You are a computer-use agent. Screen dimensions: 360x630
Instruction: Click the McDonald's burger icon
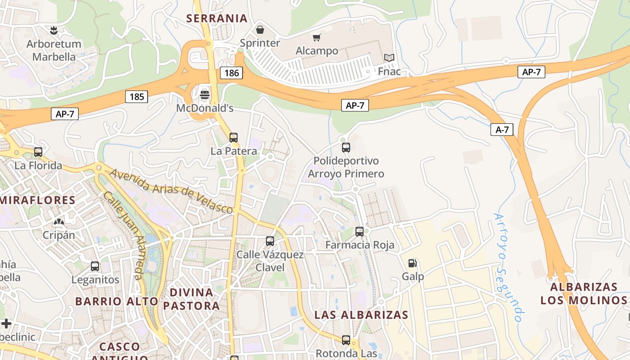[x=205, y=94]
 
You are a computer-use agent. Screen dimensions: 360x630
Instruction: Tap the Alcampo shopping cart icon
[x=317, y=37]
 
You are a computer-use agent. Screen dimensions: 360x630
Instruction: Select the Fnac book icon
[x=389, y=58]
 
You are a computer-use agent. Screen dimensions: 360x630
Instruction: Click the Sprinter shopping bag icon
[x=260, y=30]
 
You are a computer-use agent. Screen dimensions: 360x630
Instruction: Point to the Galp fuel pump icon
[x=413, y=263]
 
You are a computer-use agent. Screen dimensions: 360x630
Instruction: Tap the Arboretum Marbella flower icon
[x=54, y=31]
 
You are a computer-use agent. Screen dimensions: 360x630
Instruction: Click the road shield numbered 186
[x=231, y=73]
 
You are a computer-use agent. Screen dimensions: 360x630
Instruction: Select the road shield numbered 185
[x=136, y=96]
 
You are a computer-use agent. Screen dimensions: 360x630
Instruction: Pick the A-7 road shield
[x=502, y=130]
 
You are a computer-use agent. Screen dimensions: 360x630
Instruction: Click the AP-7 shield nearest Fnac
[x=531, y=72]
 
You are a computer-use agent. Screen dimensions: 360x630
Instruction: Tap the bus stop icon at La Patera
[x=234, y=138]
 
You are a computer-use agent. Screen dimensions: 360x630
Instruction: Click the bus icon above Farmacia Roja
[x=360, y=232]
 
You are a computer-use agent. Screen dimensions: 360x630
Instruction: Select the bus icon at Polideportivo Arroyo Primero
[x=346, y=147]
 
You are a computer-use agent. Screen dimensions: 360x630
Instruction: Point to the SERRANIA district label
[x=217, y=18]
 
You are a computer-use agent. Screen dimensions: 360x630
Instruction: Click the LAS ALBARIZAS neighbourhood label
[x=361, y=315]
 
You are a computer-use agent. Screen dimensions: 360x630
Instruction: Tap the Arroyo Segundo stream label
[x=508, y=267]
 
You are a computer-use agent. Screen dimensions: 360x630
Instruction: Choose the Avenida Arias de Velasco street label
[x=171, y=191]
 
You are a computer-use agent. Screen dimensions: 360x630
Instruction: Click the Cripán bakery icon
[x=58, y=221]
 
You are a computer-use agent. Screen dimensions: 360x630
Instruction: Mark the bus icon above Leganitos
[x=95, y=266]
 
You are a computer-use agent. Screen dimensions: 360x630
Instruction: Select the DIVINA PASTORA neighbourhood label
[x=191, y=299]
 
